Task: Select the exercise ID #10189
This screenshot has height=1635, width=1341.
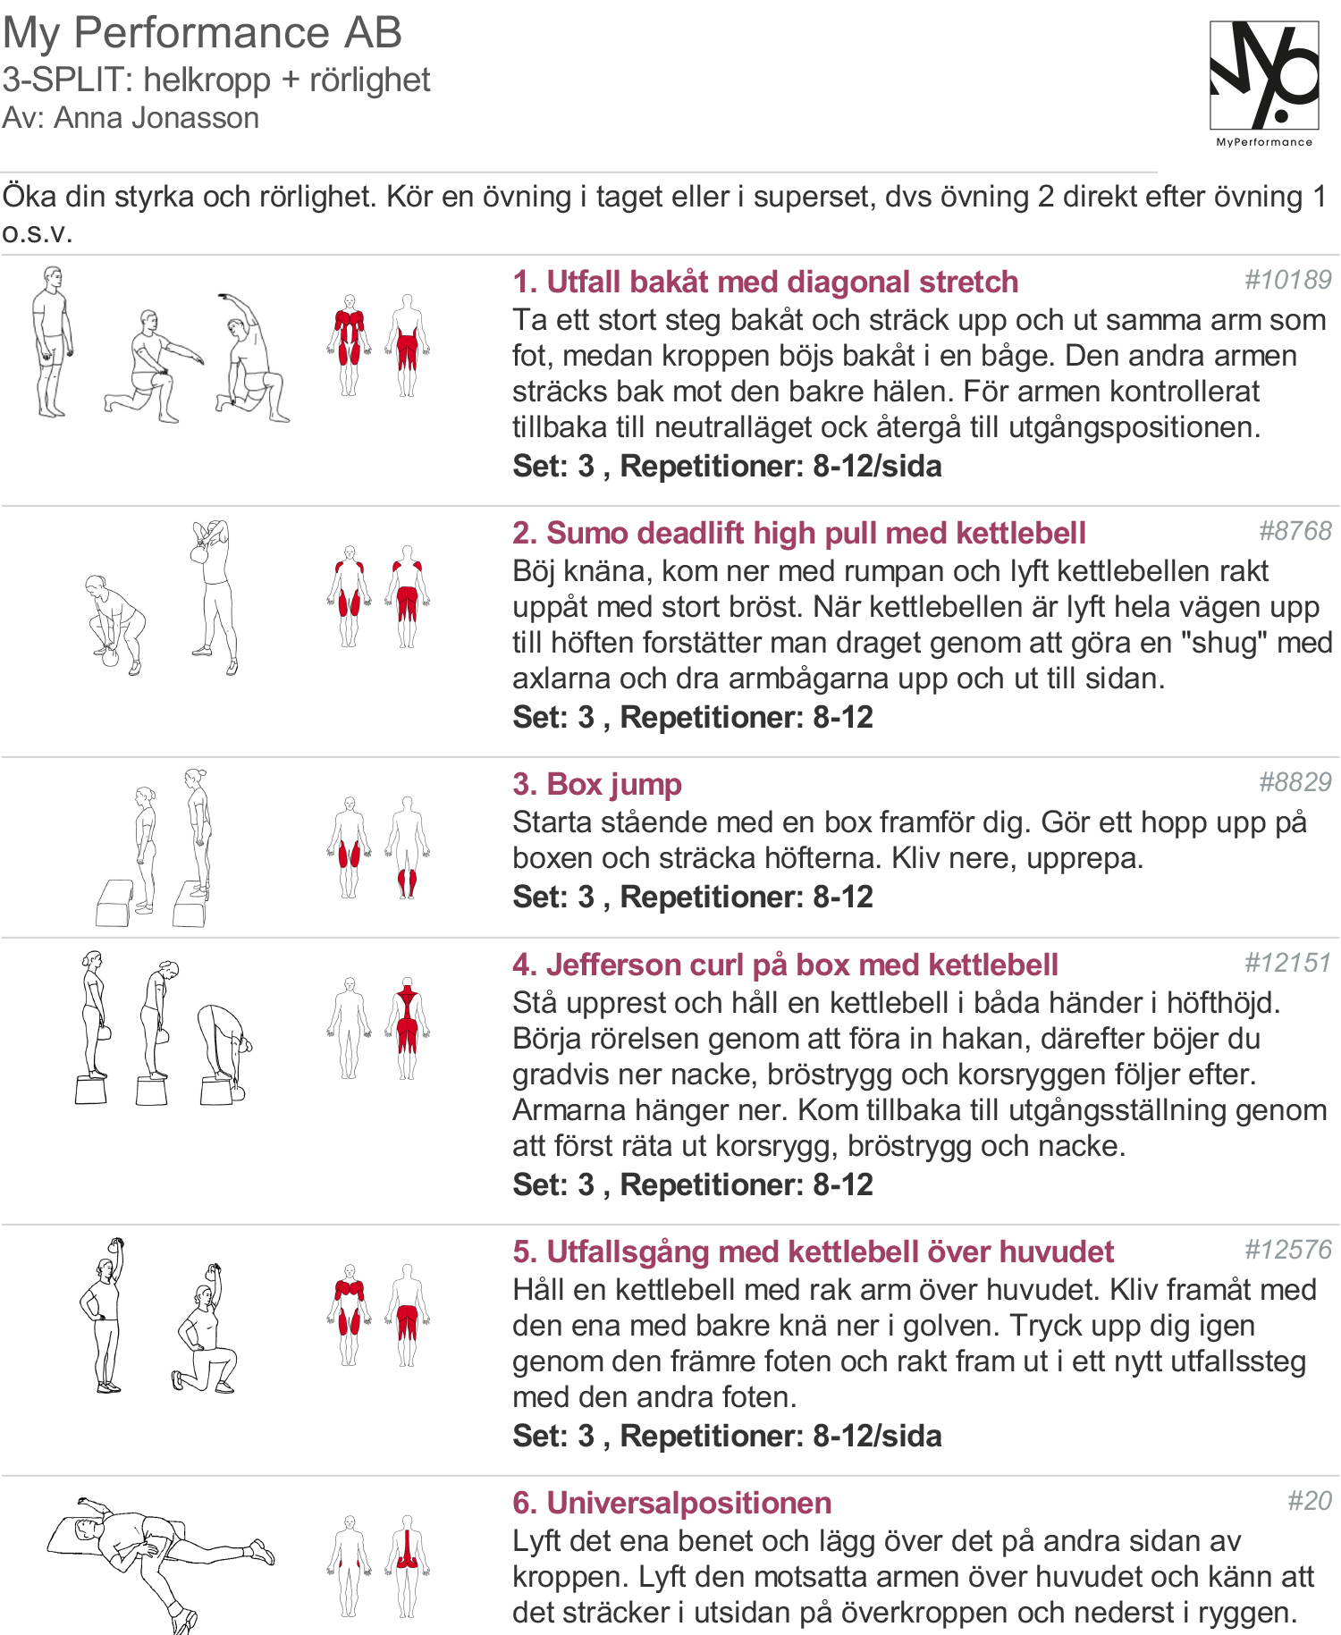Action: pyautogui.click(x=1288, y=280)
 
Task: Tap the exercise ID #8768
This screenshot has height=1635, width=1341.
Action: pyautogui.click(x=1295, y=531)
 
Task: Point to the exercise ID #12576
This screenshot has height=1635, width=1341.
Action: pyautogui.click(x=1288, y=1250)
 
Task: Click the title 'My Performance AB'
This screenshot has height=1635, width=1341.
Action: pyautogui.click(x=202, y=33)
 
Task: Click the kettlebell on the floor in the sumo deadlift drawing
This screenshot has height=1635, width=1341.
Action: pyautogui.click(x=110, y=657)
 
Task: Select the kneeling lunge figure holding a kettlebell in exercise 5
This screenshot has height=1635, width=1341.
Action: pyautogui.click(x=204, y=1328)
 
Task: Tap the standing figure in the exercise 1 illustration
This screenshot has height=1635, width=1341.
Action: pyautogui.click(x=52, y=341)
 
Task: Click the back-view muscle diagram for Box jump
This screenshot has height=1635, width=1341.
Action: pyautogui.click(x=408, y=847)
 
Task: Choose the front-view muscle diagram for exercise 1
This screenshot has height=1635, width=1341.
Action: pyautogui.click(x=350, y=345)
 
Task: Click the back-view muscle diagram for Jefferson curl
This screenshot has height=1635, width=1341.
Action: pyautogui.click(x=408, y=1028)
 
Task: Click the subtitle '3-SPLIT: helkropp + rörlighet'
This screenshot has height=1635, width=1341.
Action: pyautogui.click(x=215, y=80)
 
